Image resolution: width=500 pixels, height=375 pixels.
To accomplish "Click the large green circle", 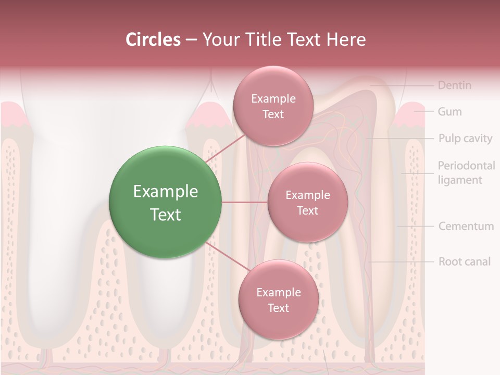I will (x=165, y=202).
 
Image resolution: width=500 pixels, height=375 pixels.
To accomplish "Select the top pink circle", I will (x=273, y=106).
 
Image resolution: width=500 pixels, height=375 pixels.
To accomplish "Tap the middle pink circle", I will (x=307, y=202).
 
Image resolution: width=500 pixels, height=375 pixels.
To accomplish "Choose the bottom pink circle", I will (x=278, y=300).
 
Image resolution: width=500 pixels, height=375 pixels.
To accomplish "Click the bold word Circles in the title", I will (x=153, y=40).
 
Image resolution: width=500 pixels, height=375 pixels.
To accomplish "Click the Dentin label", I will (x=454, y=85).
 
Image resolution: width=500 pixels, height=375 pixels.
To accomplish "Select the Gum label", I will (x=449, y=111).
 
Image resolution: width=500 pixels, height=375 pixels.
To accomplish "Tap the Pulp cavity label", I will (x=465, y=139).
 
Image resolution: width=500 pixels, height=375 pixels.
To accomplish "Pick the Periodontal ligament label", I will (x=466, y=173).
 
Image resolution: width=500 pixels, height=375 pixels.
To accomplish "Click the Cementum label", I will (x=466, y=226).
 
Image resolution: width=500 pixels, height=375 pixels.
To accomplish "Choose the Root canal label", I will (x=464, y=261).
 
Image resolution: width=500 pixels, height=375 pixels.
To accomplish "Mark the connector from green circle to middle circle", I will (x=244, y=202).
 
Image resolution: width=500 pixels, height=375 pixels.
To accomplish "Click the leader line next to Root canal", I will (x=401, y=261).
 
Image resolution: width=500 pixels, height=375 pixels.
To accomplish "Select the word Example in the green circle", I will (x=165, y=192).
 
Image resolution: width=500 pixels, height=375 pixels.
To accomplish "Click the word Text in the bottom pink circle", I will (x=278, y=308).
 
